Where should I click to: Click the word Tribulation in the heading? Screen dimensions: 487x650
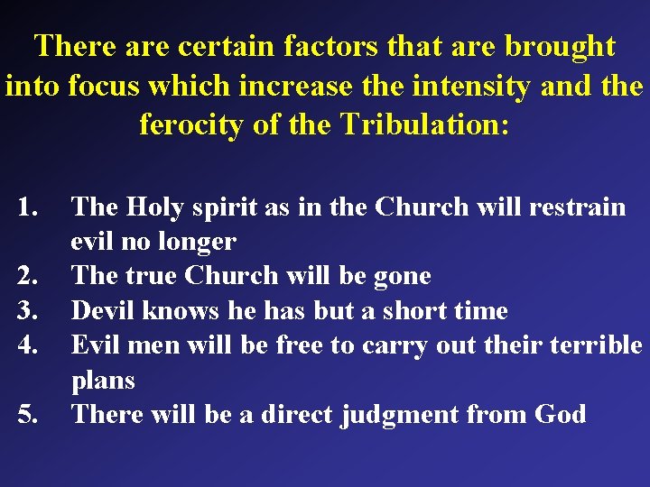tap(426, 124)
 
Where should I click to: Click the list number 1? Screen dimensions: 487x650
tap(31, 207)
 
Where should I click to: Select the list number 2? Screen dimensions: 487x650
tap(31, 276)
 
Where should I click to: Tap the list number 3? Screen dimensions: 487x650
tap(31, 311)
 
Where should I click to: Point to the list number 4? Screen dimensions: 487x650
tap(31, 345)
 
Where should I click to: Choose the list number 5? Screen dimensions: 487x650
tap(31, 415)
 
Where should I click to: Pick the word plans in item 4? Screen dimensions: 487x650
tap(103, 381)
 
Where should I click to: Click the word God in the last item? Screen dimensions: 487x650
tap(560, 415)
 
